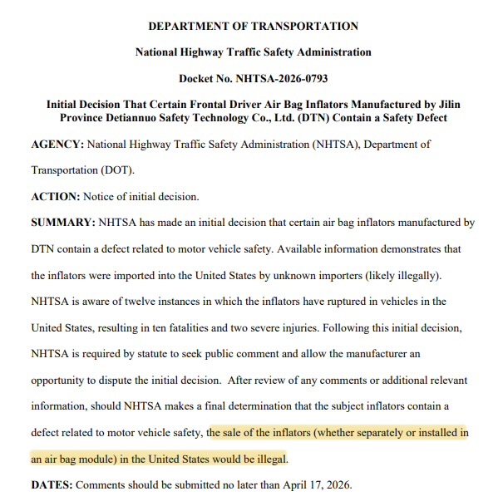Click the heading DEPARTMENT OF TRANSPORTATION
pyautogui.click(x=253, y=27)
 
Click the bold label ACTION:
pyautogui.click(x=54, y=196)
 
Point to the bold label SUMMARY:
pyautogui.click(x=63, y=223)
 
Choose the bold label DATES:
pyautogui.click(x=52, y=484)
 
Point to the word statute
pyautogui.click(x=180, y=354)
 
